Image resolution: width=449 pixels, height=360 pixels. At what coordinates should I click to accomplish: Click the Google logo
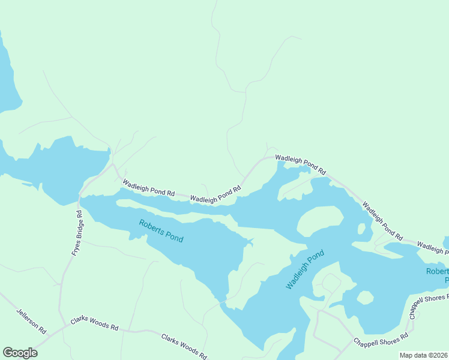(20, 353)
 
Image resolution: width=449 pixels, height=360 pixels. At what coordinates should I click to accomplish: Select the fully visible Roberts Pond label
(161, 231)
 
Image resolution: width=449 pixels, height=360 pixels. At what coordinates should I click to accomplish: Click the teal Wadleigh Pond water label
(304, 269)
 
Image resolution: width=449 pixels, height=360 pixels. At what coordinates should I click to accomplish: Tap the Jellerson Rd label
(31, 321)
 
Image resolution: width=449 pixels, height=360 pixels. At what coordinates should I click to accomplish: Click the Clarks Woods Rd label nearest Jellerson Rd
(94, 323)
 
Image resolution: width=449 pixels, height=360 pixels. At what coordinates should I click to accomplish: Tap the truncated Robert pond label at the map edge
(437, 275)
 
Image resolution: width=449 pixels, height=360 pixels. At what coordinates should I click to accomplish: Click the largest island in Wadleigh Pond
(320, 221)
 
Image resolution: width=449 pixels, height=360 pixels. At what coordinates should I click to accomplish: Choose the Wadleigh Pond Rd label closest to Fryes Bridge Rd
(148, 188)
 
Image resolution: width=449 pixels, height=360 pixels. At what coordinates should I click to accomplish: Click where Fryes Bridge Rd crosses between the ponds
(79, 197)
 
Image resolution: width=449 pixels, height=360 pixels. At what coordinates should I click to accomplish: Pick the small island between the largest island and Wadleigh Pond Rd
(361, 229)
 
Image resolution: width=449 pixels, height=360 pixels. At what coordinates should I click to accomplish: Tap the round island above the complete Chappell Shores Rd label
(365, 298)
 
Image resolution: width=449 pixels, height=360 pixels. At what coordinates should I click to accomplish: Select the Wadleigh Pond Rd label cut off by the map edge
(432, 245)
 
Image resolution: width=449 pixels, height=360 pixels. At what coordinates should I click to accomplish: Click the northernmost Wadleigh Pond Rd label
(300, 164)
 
